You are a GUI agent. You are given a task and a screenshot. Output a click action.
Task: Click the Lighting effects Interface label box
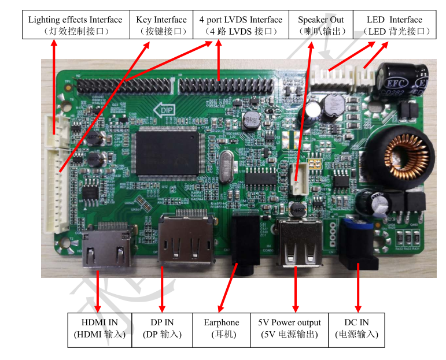click(75, 25)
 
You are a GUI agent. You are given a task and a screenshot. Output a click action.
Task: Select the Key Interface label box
click(161, 25)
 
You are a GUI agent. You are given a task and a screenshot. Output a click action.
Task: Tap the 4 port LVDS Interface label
click(241, 25)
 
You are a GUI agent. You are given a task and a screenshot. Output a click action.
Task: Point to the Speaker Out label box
click(320, 25)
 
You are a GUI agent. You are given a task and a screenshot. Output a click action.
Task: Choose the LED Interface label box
click(395, 25)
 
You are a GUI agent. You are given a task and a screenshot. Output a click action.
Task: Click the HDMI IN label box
click(99, 329)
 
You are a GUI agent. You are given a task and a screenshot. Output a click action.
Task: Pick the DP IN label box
click(162, 329)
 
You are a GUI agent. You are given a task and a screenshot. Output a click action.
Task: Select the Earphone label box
click(221, 329)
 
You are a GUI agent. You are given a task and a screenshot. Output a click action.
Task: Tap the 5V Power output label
click(289, 329)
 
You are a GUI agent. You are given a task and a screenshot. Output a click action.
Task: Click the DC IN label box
click(356, 329)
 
